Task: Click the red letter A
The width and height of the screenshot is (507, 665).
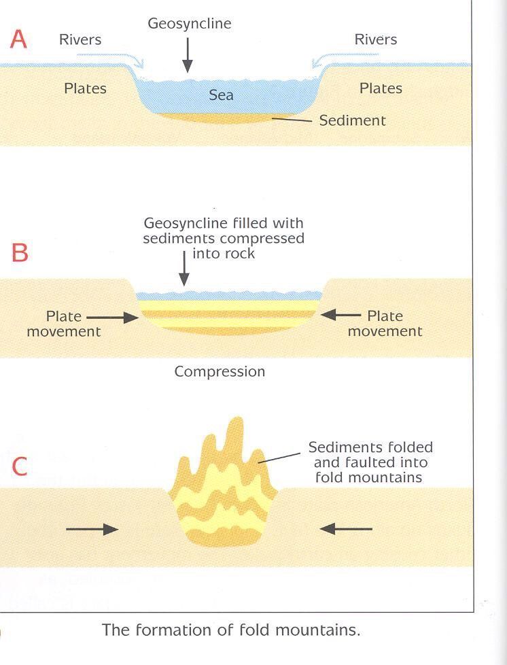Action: point(18,39)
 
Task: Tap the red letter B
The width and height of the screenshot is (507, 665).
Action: point(20,253)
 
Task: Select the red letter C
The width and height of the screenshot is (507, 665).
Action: point(20,466)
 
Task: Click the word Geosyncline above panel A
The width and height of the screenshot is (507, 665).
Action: point(190,24)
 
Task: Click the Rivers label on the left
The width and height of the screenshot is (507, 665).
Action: point(80,39)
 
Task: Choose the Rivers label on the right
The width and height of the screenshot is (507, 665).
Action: point(376,39)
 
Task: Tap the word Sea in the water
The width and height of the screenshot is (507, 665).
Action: point(221,95)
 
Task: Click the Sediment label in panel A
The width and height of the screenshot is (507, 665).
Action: point(352,120)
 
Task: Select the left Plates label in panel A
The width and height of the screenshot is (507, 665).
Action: point(85,88)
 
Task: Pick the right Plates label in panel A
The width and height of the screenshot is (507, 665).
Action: point(381,88)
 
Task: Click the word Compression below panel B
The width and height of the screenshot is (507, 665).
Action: point(220,372)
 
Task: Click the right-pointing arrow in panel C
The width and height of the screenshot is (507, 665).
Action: point(92,528)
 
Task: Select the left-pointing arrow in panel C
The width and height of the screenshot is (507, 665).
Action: point(346,528)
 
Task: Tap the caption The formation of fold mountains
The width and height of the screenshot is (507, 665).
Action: point(231,630)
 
